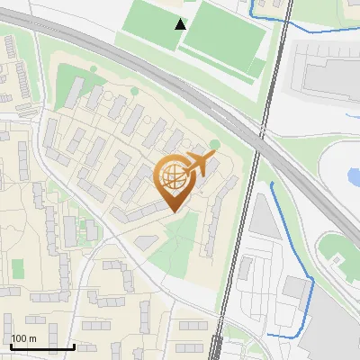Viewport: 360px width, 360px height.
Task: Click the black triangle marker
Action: coord(181,24)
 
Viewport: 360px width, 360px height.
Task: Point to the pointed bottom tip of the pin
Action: coord(173,211)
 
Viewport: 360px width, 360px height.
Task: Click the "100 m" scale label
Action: coord(23,338)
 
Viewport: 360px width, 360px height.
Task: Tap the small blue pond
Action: coord(352,178)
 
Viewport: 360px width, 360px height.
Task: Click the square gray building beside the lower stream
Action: coord(294,287)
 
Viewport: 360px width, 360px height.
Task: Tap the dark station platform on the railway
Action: coord(217,346)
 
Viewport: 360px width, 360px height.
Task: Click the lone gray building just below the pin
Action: coord(146,241)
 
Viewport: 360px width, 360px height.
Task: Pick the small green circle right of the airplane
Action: coord(214,144)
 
